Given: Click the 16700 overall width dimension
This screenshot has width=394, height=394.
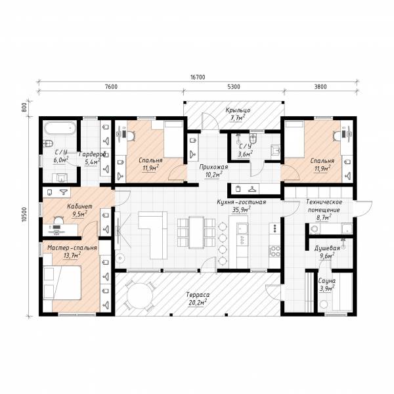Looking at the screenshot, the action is [x=198, y=77].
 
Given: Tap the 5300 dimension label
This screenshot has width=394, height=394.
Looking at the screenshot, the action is [x=234, y=87].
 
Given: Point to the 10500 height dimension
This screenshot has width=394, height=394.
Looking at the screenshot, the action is [x=24, y=214].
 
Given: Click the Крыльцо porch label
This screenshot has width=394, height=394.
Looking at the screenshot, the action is [x=238, y=110].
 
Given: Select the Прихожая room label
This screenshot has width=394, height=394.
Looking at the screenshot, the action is [x=213, y=167].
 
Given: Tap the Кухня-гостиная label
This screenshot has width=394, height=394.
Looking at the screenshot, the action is [x=242, y=202].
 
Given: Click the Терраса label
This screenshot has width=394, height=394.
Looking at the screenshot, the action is [x=198, y=294].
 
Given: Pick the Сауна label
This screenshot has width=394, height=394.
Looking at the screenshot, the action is [x=326, y=281].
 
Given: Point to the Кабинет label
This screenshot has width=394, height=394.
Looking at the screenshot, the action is [x=79, y=206].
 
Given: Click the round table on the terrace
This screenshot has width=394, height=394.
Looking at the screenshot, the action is [x=140, y=295].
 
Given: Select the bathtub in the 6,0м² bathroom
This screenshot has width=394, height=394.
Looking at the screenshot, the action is [x=60, y=128].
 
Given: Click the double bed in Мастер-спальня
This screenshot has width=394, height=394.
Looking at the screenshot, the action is [x=62, y=282].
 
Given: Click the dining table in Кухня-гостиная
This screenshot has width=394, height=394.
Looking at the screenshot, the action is [x=196, y=232].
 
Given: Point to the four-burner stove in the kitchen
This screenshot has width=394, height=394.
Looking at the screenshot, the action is [x=274, y=251].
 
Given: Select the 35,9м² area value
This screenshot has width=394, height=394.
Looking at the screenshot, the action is [x=241, y=209].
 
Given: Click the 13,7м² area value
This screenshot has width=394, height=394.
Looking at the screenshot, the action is [x=72, y=255].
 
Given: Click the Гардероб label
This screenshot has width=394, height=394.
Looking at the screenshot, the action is [x=92, y=154].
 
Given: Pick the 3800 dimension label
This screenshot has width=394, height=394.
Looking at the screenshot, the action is [x=320, y=87].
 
